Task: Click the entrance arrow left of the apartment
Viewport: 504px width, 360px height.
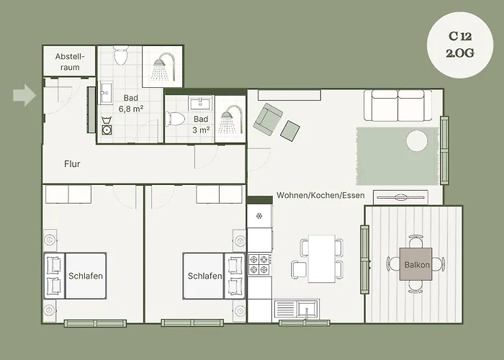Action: click(x=24, y=95)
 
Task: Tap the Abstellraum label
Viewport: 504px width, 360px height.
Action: click(x=69, y=62)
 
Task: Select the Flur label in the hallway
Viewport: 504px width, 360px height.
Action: click(x=72, y=164)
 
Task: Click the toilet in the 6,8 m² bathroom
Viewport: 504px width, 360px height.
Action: click(x=121, y=56)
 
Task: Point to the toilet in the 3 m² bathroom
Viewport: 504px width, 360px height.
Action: click(x=177, y=120)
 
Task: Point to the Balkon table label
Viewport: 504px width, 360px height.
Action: click(x=417, y=264)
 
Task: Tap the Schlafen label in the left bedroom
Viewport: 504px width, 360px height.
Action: click(x=86, y=276)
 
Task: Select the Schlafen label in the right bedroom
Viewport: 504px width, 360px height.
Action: click(x=204, y=276)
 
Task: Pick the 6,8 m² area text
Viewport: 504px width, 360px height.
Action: click(x=131, y=108)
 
